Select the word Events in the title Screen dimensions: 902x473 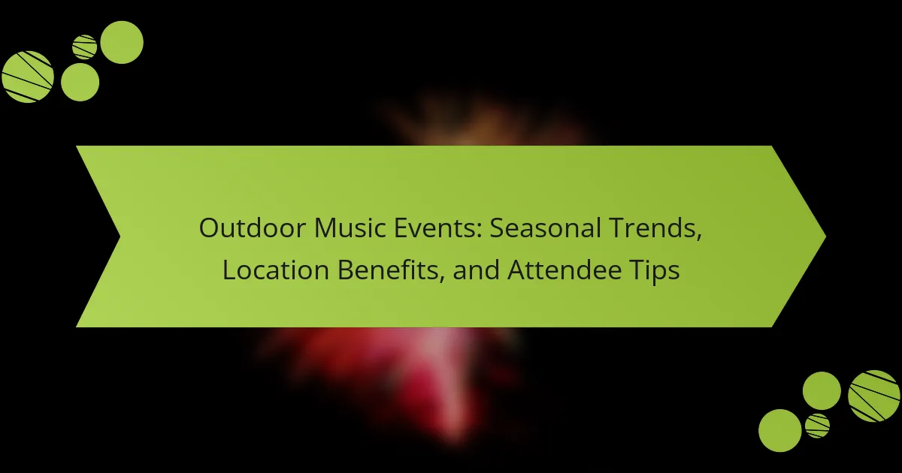click(x=437, y=227)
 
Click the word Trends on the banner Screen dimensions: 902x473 click(x=655, y=228)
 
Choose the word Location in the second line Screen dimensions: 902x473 click(x=276, y=270)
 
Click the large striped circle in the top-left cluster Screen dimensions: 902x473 click(x=28, y=77)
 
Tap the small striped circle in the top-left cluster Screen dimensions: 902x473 click(x=84, y=47)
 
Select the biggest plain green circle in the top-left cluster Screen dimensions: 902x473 click(x=122, y=42)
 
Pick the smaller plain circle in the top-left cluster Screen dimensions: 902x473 click(x=80, y=82)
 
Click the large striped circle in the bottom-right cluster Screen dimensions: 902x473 click(x=873, y=396)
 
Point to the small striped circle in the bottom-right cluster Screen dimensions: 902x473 click(x=818, y=426)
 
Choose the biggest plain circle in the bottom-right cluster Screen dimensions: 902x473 click(x=780, y=430)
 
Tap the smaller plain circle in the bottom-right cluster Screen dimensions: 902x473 click(x=822, y=391)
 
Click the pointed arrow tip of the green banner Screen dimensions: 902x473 click(x=825, y=236)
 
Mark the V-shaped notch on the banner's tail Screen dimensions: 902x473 click(x=120, y=236)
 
